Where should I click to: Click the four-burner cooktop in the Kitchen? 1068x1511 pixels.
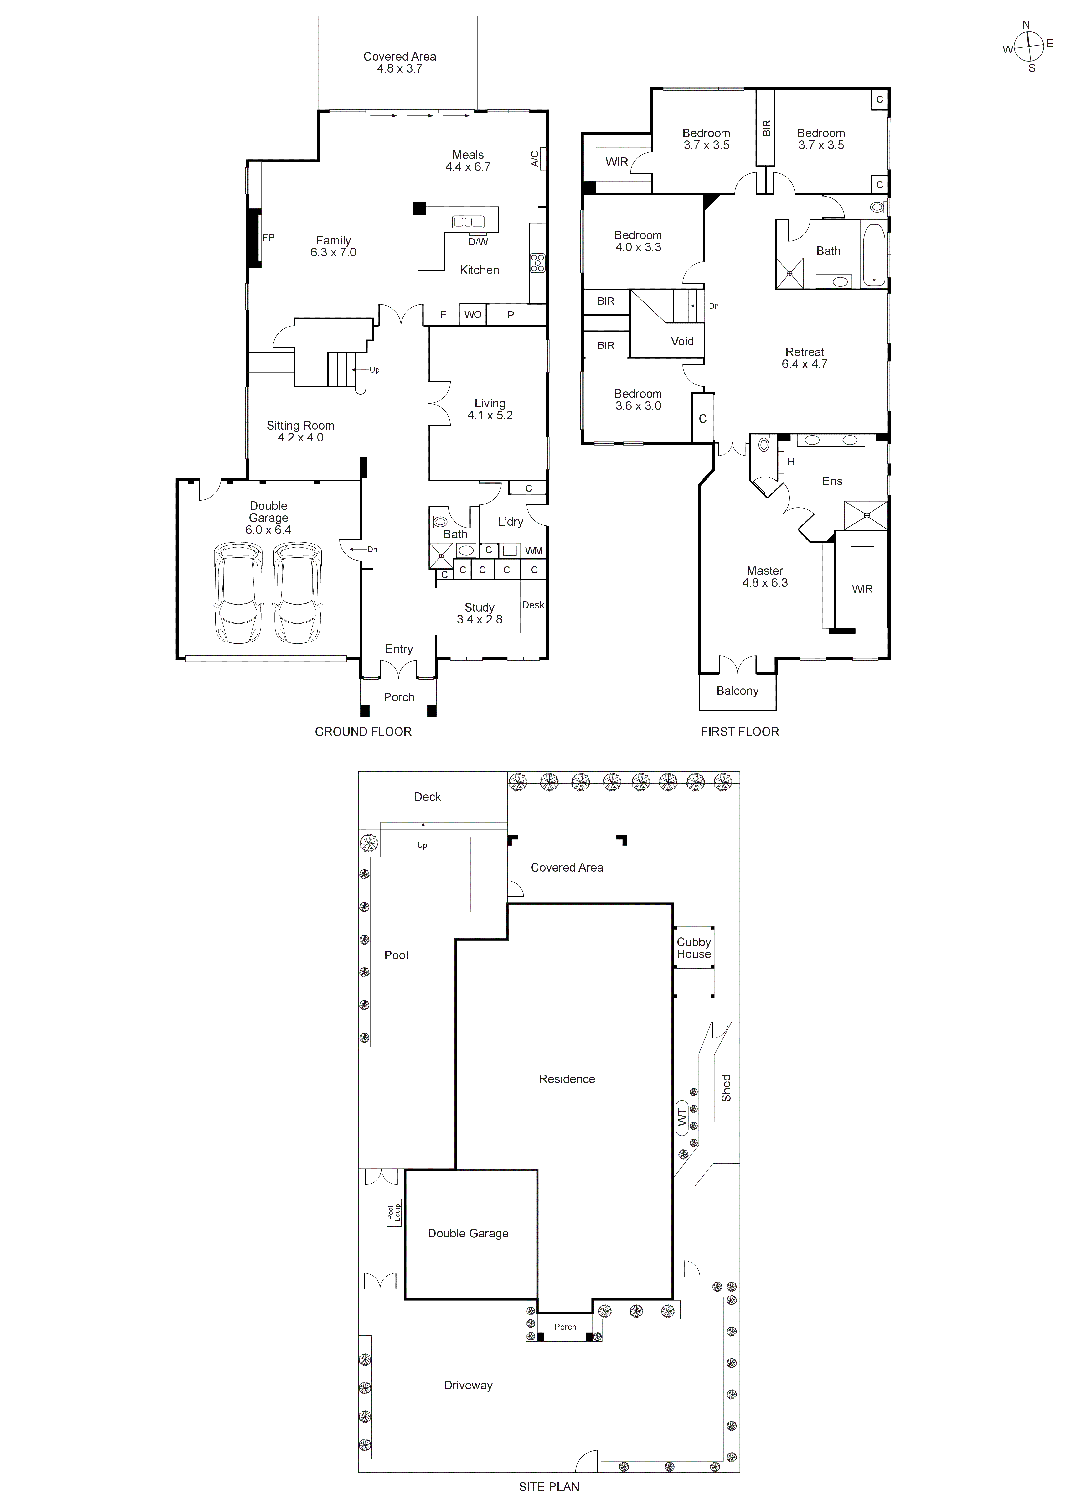click(x=537, y=263)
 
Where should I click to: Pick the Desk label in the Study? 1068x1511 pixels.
click(x=533, y=605)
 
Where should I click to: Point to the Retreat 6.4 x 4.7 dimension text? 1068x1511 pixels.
click(x=804, y=364)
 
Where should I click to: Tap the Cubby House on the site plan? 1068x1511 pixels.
click(x=694, y=948)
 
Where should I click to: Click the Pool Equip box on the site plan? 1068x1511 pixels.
click(x=393, y=1212)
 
